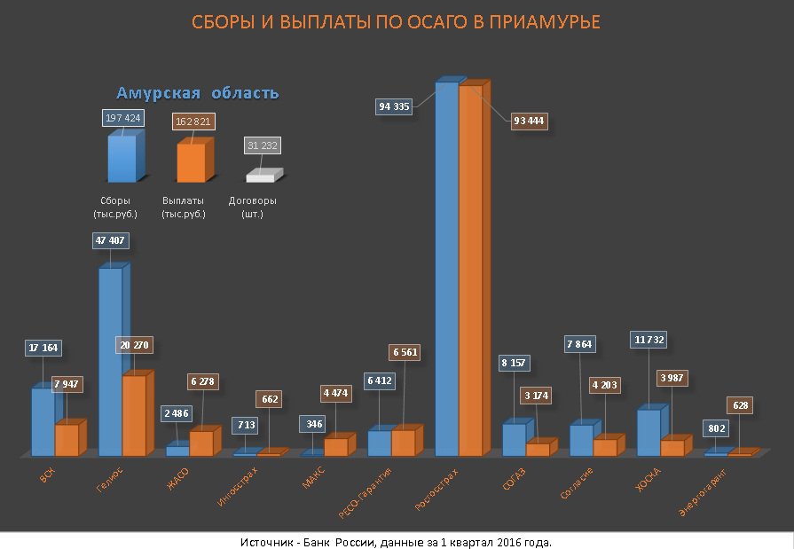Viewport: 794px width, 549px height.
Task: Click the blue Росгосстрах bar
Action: coord(446,266)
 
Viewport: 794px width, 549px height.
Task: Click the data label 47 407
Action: coord(109,239)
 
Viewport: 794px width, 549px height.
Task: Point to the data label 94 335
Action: coord(394,106)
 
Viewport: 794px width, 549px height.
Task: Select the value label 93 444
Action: coord(529,121)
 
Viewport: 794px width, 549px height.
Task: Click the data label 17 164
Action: coord(43,348)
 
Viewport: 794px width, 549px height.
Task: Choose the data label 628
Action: coord(742,405)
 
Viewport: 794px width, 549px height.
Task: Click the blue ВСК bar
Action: coord(43,421)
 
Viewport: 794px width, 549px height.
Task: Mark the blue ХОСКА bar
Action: coord(649,432)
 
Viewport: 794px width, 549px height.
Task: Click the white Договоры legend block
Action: coord(263,176)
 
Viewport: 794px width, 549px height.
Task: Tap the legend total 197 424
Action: coord(123,118)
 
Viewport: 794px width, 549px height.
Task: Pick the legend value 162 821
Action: coord(193,121)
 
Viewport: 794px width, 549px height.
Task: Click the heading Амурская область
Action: coord(198,93)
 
